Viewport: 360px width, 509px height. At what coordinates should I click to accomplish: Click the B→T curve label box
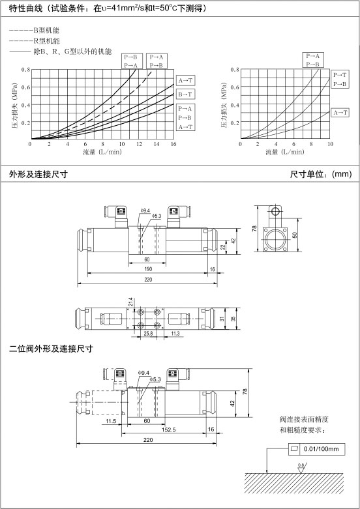(186, 95)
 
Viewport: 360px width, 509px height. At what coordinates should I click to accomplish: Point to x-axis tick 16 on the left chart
(173, 144)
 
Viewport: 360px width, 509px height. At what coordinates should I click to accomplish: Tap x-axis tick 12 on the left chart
(139, 144)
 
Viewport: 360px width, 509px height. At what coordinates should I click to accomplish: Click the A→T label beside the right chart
(340, 113)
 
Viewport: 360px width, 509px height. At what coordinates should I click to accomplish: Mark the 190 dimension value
(148, 269)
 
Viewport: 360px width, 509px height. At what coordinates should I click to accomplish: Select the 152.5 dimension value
(169, 429)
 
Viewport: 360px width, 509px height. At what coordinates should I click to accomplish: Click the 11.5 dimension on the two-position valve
(110, 421)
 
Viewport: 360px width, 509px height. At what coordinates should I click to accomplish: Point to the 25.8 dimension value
(148, 334)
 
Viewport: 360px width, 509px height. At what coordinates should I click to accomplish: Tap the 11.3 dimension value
(175, 334)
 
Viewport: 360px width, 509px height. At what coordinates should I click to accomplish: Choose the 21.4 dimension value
(130, 302)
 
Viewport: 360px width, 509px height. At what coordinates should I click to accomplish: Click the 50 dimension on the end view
(295, 235)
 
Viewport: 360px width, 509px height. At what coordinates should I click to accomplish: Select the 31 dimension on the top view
(222, 319)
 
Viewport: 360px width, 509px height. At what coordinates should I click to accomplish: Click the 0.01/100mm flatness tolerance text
(321, 449)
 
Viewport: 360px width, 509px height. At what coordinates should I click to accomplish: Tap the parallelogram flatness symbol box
(294, 449)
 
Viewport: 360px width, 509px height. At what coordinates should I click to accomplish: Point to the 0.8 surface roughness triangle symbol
(301, 469)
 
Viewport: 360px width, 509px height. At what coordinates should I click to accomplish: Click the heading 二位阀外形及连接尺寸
(51, 349)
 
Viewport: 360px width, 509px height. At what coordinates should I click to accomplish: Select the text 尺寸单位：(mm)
(321, 174)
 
